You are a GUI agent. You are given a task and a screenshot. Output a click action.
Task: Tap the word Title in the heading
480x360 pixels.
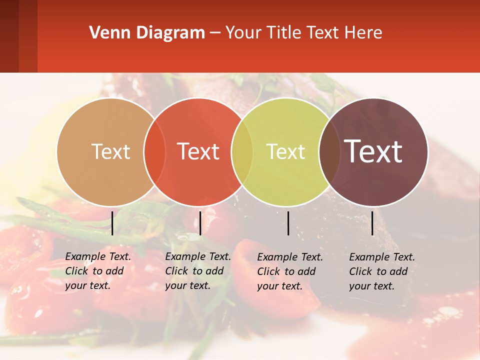(284, 33)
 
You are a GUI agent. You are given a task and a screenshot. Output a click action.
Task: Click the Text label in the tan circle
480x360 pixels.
(110, 151)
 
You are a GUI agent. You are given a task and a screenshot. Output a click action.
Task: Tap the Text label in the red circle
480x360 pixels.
(198, 151)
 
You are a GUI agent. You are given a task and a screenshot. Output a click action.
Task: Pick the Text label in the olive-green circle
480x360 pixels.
(286, 151)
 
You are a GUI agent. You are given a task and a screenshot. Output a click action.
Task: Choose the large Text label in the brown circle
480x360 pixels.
(373, 151)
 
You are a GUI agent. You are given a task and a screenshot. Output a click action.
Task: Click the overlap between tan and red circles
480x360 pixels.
(154, 151)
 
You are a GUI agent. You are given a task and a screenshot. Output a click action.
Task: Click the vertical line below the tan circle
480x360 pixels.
(112, 223)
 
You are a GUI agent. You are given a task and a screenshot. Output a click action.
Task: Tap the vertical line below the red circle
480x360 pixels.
(200, 223)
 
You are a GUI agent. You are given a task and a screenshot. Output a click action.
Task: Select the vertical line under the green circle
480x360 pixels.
(288, 223)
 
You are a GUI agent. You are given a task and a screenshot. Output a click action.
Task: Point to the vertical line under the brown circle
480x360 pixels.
(372, 223)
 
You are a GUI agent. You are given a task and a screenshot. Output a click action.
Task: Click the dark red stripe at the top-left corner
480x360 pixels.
(9, 36)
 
